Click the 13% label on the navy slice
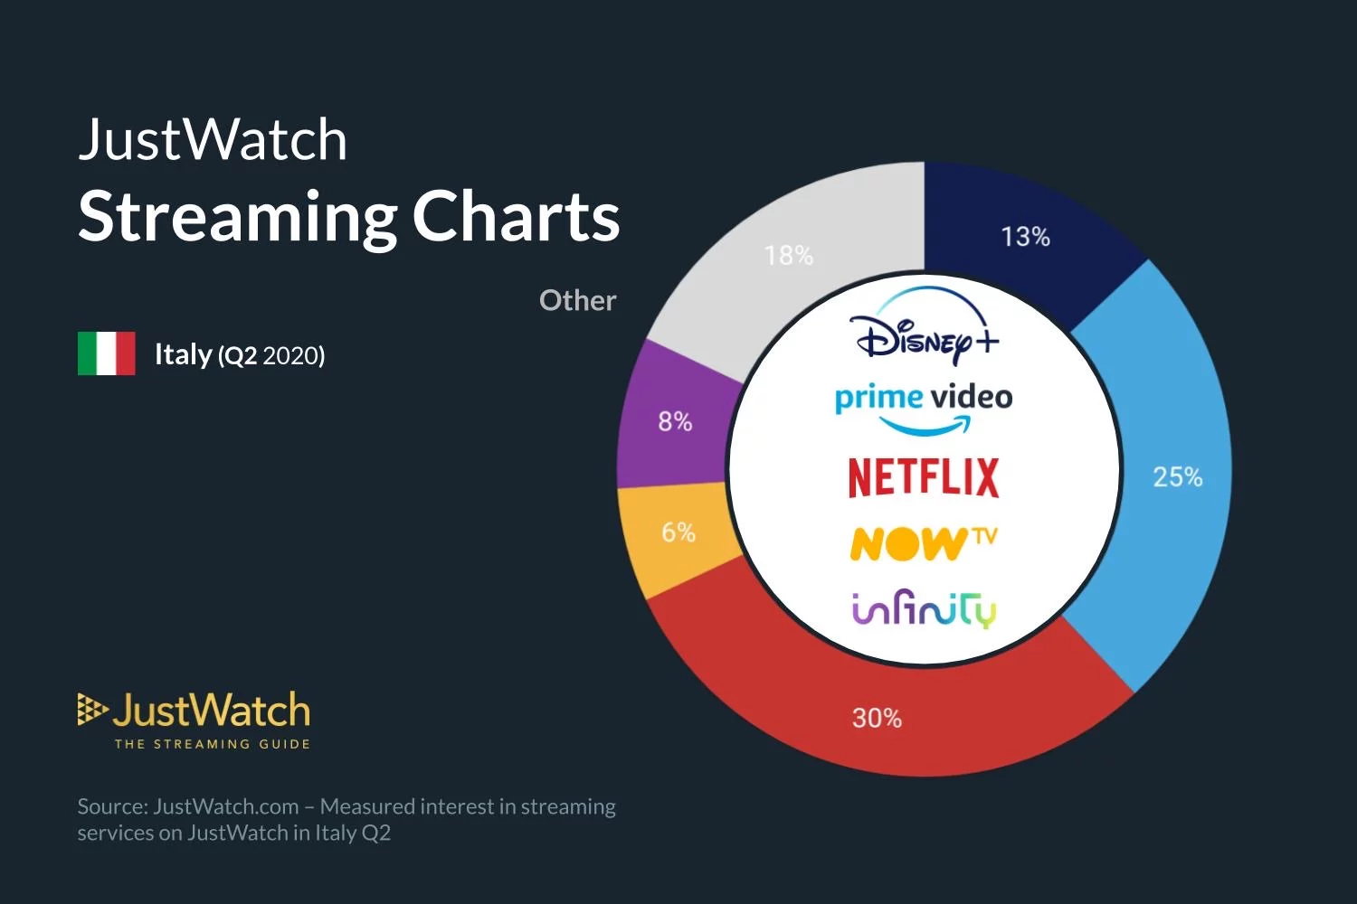click(x=1025, y=237)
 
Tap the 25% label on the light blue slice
click(x=1178, y=477)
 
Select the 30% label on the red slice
click(x=877, y=718)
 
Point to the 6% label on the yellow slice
click(x=678, y=532)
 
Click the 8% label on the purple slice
click(x=675, y=421)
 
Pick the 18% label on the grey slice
click(x=788, y=256)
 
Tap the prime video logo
click(x=924, y=408)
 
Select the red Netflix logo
click(x=924, y=477)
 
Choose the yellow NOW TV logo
click(x=924, y=543)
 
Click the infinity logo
click(x=924, y=608)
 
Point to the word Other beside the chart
click(x=577, y=300)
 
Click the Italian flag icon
click(x=107, y=353)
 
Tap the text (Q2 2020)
click(x=271, y=355)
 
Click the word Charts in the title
click(x=517, y=216)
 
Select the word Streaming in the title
click(x=238, y=219)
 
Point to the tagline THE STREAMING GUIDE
click(x=213, y=744)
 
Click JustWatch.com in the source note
click(x=226, y=806)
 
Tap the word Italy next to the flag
click(x=183, y=354)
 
